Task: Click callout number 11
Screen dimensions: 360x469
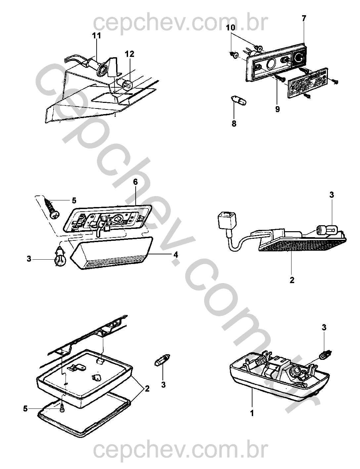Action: (x=97, y=36)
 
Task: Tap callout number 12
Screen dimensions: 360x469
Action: (x=130, y=54)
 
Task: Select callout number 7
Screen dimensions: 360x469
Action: (x=304, y=19)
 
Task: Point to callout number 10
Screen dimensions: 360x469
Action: (x=231, y=28)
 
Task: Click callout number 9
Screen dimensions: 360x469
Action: (x=278, y=109)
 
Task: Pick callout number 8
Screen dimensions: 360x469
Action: (x=234, y=124)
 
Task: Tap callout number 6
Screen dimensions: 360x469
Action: (x=135, y=182)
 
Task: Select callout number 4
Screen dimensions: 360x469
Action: (x=176, y=255)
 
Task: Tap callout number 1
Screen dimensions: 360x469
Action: (x=252, y=413)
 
